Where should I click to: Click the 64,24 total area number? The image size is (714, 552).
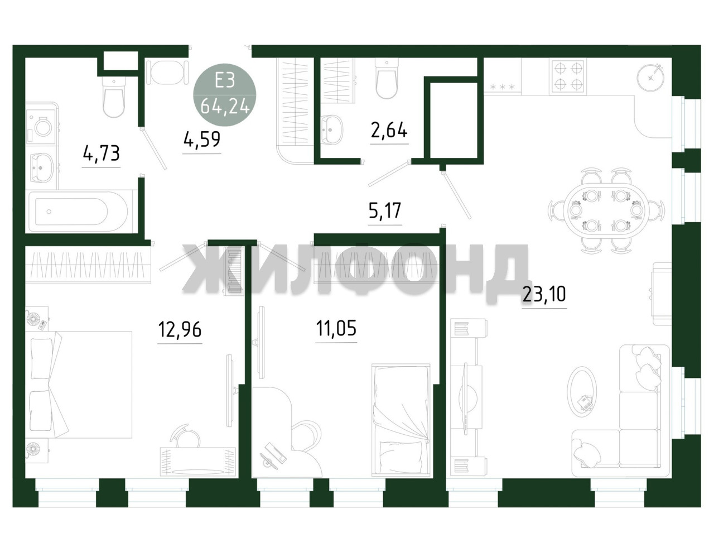pyautogui.click(x=225, y=107)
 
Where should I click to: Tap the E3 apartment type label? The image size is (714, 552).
pyautogui.click(x=225, y=80)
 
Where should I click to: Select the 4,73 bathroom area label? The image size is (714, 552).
pyautogui.click(x=101, y=153)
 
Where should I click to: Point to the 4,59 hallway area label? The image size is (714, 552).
pyautogui.click(x=202, y=140)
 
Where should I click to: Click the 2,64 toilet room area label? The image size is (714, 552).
pyautogui.click(x=389, y=130)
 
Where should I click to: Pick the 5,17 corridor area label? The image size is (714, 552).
pyautogui.click(x=385, y=211)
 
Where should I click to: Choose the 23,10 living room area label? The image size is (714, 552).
pyautogui.click(x=544, y=294)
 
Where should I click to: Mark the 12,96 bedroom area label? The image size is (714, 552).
pyautogui.click(x=180, y=329)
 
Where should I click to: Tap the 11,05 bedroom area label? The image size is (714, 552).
pyautogui.click(x=336, y=328)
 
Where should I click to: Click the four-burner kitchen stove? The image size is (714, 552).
pyautogui.click(x=567, y=75)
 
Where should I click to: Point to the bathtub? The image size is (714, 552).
pyautogui.click(x=79, y=212)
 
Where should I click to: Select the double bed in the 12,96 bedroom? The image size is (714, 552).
pyautogui.click(x=79, y=385)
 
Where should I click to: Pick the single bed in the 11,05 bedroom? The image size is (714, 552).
pyautogui.click(x=401, y=420)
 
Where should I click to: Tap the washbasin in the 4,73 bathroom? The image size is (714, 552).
pyautogui.click(x=42, y=167)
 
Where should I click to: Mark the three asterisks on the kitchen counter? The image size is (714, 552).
pyautogui.click(x=503, y=87)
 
